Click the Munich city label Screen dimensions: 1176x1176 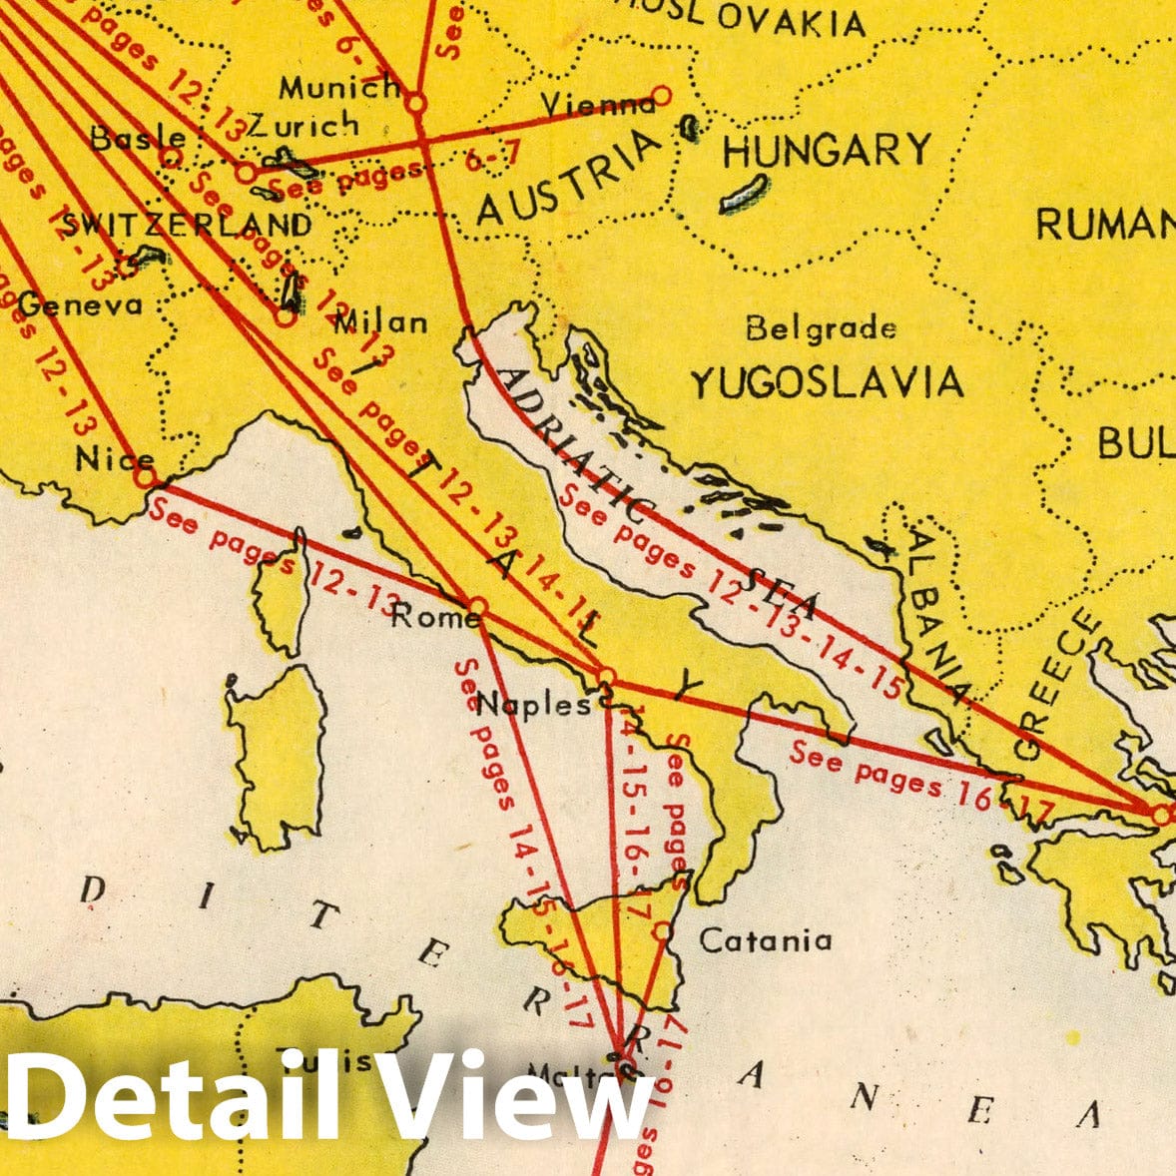(338, 88)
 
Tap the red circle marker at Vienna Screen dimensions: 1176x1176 (661, 96)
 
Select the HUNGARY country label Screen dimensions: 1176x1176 (826, 152)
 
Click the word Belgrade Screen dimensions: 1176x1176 (821, 327)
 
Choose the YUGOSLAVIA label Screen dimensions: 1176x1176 (828, 382)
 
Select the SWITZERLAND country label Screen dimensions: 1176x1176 (187, 226)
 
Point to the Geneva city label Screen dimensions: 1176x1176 (80, 304)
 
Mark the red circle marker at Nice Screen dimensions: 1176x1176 (145, 477)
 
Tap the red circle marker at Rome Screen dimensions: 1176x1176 (477, 607)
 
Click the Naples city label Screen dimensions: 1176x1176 (533, 705)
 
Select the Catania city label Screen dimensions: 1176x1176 (765, 939)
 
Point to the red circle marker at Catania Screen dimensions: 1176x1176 (662, 931)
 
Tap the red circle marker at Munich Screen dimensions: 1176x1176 (416, 102)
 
